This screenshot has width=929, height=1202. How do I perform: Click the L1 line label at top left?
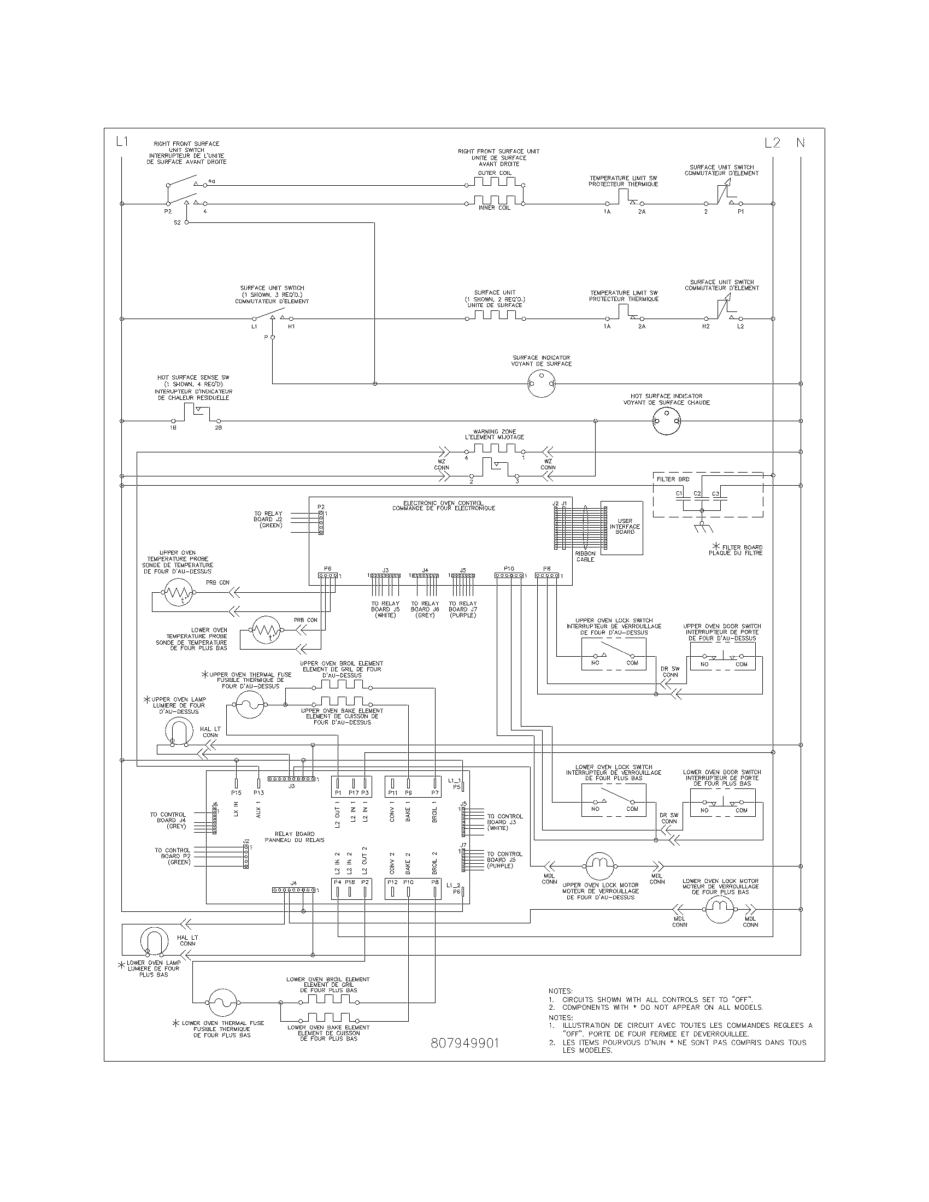[122, 142]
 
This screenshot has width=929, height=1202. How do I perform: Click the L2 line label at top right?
[772, 143]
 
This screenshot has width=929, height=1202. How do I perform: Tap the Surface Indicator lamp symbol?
[542, 383]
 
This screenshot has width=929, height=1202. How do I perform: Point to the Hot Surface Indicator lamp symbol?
[666, 422]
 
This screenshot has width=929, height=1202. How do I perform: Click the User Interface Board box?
[621, 528]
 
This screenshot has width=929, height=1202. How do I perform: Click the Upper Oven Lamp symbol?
[179, 732]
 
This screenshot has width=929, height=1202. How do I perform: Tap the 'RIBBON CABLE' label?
[585, 556]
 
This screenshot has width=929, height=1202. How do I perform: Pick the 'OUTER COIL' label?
[494, 173]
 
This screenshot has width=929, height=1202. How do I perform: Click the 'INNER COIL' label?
[494, 208]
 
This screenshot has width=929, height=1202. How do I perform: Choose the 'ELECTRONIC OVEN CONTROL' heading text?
[443, 503]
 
